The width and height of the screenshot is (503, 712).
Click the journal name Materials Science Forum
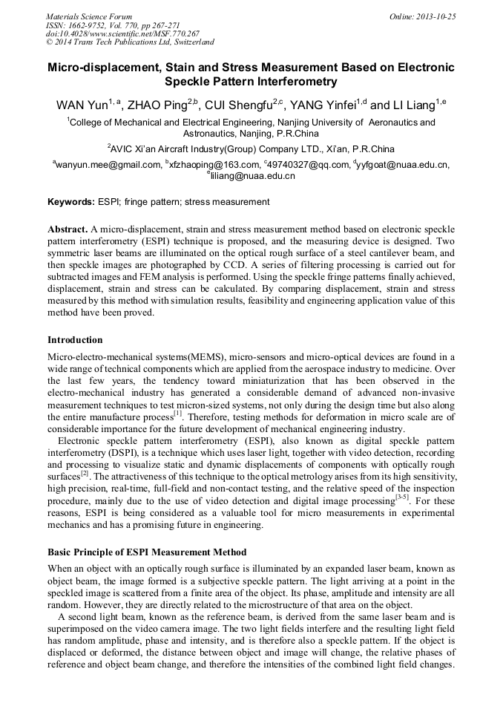[89, 16]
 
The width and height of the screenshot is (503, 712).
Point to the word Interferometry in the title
[292, 82]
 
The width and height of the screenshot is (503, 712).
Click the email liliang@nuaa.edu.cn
[253, 176]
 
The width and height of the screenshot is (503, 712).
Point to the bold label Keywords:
[70, 202]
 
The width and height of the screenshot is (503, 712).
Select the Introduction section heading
[75, 340]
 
